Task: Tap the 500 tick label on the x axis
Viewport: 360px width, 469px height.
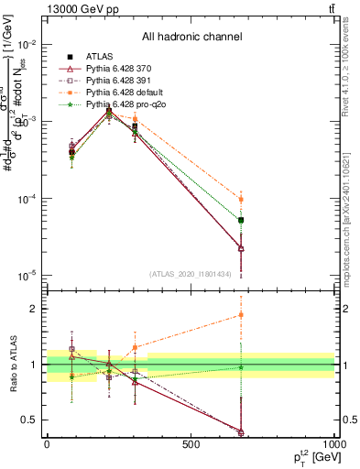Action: pos(191,443)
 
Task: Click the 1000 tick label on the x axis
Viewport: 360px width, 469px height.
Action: pos(333,443)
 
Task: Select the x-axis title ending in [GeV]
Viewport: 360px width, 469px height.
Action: pos(311,457)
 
